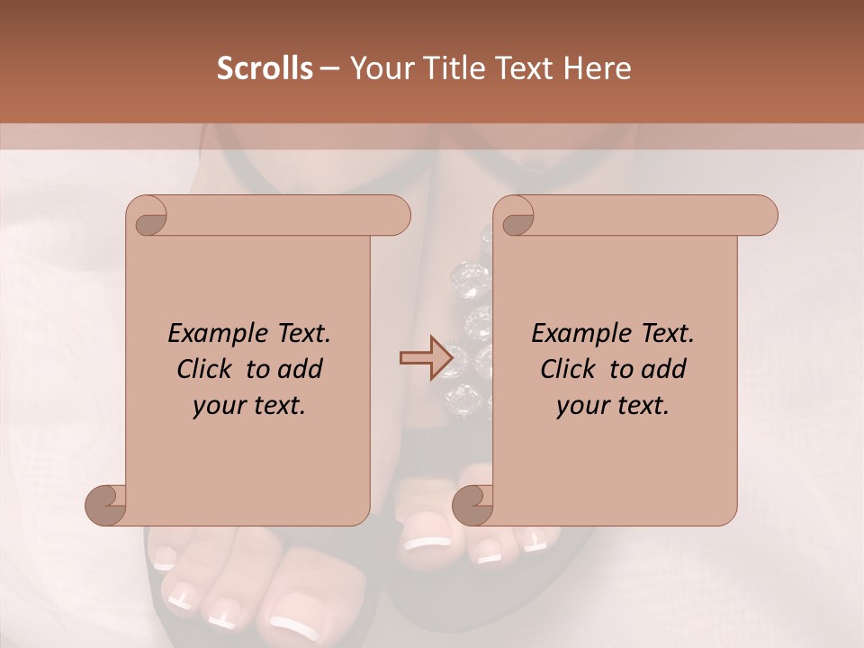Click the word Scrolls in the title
coord(265,68)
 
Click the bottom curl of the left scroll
coord(106,505)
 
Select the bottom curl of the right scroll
coord(472,505)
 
